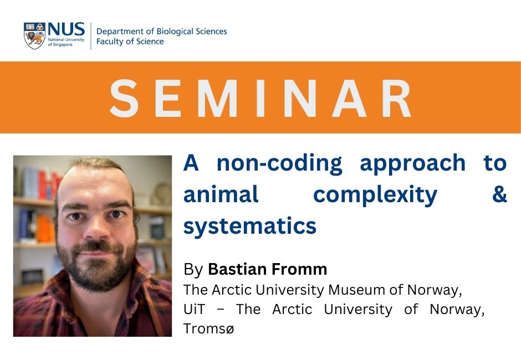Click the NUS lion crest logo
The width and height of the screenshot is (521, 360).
(x=34, y=36)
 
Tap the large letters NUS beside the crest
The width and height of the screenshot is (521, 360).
(x=66, y=29)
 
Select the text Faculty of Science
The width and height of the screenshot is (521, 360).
(x=130, y=42)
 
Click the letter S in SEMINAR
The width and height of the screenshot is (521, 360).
(x=124, y=98)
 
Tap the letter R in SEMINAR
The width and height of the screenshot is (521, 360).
(x=397, y=98)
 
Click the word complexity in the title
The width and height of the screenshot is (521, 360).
(x=375, y=196)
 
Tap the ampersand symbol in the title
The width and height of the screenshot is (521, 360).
(x=500, y=194)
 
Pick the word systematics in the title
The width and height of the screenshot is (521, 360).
(x=250, y=227)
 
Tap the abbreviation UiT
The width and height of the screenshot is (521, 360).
(x=195, y=309)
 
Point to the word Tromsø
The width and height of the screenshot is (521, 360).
(x=208, y=329)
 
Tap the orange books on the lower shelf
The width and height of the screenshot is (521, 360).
(x=45, y=229)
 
